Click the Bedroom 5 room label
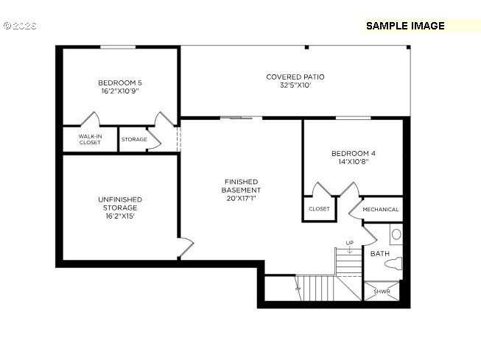[119, 82]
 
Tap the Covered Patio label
[295, 77]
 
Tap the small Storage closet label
[134, 139]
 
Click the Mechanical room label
[381, 209]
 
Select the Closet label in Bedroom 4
[319, 209]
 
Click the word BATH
[379, 253]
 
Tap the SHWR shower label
[382, 292]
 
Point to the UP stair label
[349, 243]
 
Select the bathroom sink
[396, 235]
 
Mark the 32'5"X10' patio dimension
[295, 85]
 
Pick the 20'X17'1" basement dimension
[242, 199]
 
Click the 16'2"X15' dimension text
[119, 216]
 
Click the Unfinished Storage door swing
[185, 246]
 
